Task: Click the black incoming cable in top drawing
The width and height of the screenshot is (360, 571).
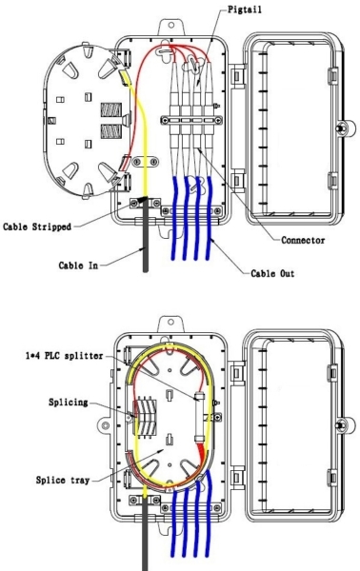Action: tap(145, 247)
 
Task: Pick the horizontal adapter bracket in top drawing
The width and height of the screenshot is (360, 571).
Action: tap(194, 121)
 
